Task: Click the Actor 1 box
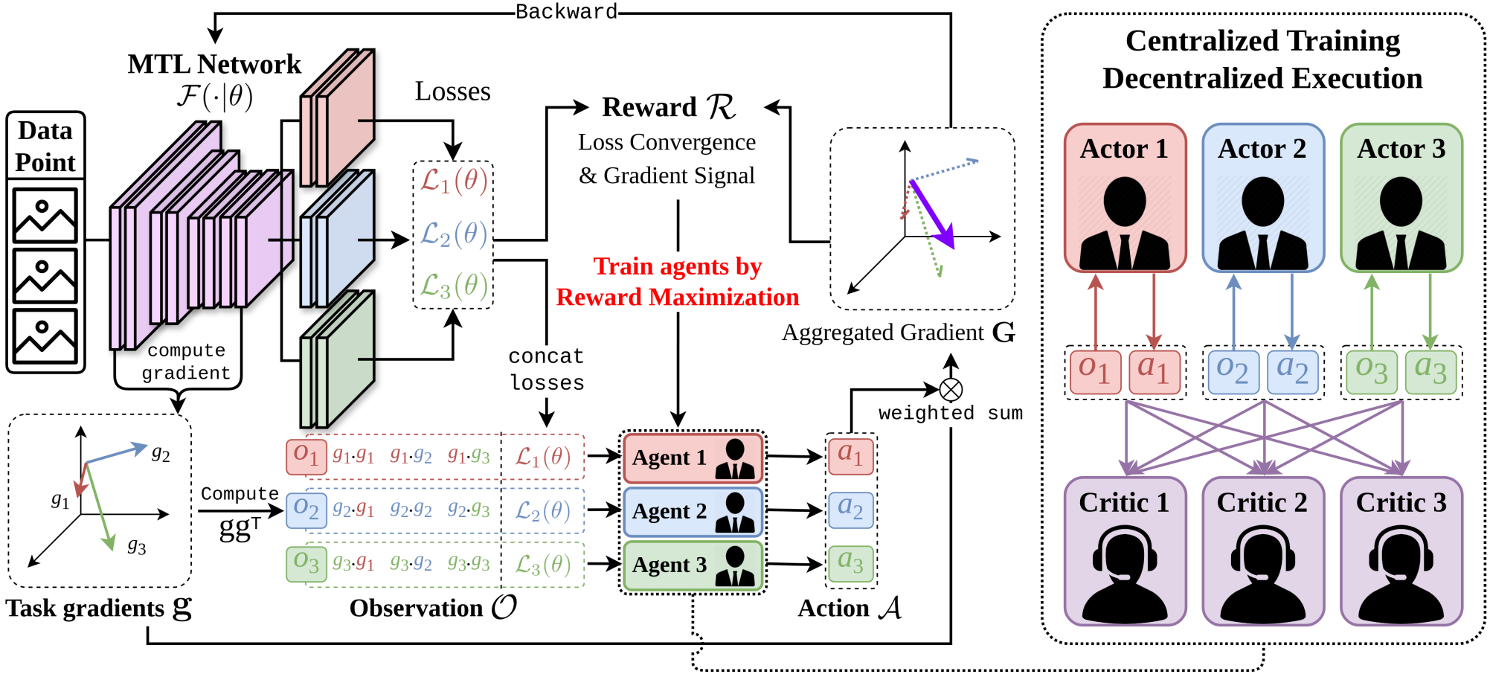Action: tap(1125, 198)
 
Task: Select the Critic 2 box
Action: tap(1262, 551)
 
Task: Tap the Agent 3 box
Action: tap(693, 565)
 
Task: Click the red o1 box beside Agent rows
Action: tap(306, 457)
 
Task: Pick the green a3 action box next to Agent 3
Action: tap(850, 563)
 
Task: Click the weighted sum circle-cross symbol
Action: tap(951, 389)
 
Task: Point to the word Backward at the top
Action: tap(566, 12)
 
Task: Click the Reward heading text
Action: tap(669, 107)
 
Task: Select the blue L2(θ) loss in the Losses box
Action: tap(453, 234)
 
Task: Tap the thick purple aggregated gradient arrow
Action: tap(931, 214)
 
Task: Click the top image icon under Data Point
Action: tap(45, 216)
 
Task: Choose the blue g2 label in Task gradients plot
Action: tap(161, 453)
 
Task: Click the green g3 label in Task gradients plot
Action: tap(137, 547)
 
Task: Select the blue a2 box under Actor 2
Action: tap(1292, 370)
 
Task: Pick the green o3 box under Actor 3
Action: tap(1371, 370)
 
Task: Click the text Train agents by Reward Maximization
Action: tap(677, 282)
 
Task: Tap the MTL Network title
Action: tap(214, 65)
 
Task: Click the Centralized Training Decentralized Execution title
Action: tap(1262, 60)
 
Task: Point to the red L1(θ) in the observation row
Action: tap(543, 457)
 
